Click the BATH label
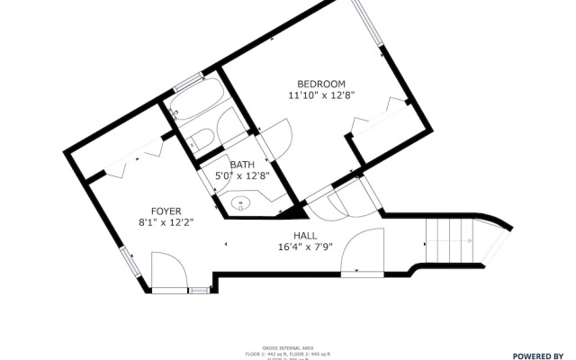tap(242, 165)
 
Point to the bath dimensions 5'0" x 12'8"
tap(242, 176)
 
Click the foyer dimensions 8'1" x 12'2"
tap(166, 220)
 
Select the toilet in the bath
tap(202, 139)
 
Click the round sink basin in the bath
tap(241, 203)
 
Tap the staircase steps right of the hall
tap(447, 241)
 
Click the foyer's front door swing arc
tap(166, 270)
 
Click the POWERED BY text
tap(537, 355)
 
